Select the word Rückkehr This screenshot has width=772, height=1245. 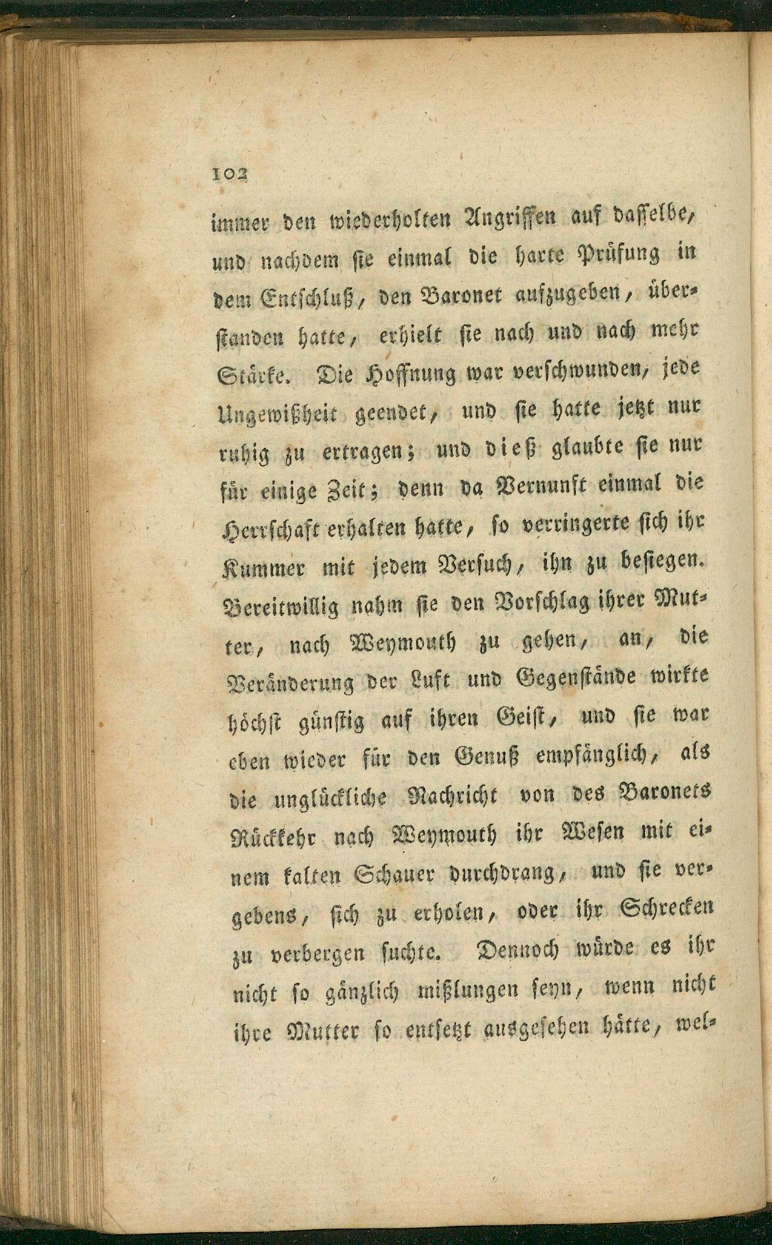[276, 837]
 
